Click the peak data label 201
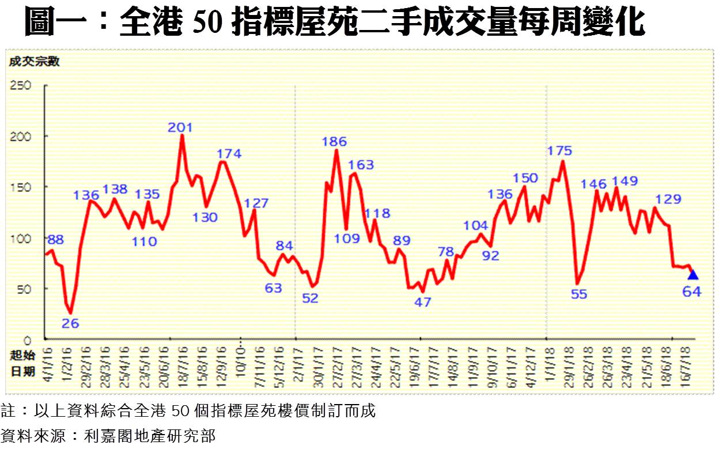[180, 127]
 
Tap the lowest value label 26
[70, 323]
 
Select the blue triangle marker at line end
[693, 274]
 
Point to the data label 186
[334, 141]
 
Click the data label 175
[560, 151]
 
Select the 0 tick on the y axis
[27, 339]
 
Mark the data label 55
[579, 294]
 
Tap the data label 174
[229, 154]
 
